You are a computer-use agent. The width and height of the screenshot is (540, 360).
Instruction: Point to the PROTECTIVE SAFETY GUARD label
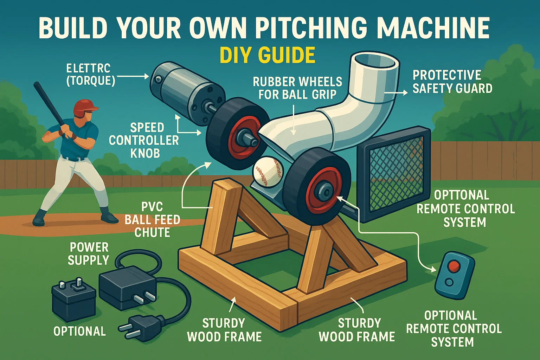pos(452,82)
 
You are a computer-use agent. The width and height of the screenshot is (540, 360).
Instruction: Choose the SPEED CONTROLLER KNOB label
pos(144,140)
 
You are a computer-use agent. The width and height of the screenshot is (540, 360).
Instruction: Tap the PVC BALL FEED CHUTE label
pos(152,219)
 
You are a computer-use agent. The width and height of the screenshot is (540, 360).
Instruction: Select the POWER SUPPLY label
pos(89,253)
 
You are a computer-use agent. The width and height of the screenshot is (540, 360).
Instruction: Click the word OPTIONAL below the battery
pos(79,331)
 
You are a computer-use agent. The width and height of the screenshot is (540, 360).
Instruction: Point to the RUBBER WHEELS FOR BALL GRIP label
pos(297,88)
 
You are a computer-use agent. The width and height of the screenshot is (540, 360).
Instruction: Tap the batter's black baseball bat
pos(49,102)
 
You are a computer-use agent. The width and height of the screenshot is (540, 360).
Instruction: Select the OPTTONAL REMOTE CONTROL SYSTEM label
pos(465,209)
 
